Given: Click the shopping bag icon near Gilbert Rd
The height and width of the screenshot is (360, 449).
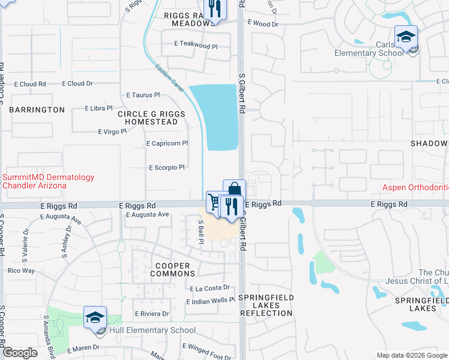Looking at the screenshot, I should click(234, 190).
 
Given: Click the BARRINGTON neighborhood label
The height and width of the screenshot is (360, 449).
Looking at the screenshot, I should click(37, 110).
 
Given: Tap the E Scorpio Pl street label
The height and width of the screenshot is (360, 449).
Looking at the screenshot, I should click(167, 167).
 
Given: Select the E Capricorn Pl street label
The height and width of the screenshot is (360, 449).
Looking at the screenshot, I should click(167, 143).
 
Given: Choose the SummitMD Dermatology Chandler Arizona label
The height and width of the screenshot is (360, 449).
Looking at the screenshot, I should click(49, 181).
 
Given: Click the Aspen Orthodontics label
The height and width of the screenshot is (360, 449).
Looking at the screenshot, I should click(416, 188).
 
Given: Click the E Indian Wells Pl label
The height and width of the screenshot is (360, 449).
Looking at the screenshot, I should click(210, 300).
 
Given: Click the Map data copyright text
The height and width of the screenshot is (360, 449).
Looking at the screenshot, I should click(411, 355).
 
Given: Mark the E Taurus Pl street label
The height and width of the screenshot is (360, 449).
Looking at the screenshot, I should click(143, 95).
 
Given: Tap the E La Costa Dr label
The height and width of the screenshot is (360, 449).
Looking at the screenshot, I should click(209, 288).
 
